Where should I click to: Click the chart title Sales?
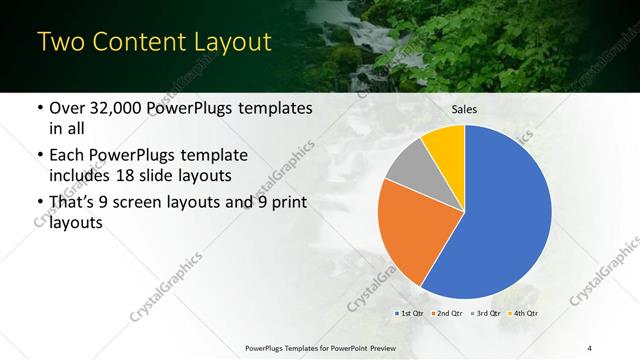pos(464,109)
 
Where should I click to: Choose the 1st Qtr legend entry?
pos(409,313)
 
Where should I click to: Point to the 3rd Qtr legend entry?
pos(487,313)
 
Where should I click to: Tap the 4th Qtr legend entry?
pos(525,313)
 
